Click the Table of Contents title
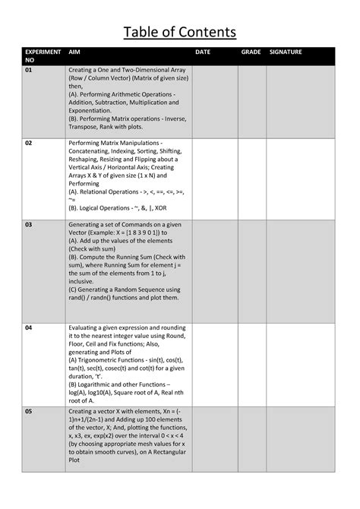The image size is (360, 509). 180,31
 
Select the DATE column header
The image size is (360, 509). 203,52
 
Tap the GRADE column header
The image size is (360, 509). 251,52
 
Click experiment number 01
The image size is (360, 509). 29,70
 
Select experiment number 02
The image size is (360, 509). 29,143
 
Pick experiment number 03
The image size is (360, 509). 29,225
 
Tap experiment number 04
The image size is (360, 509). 29,327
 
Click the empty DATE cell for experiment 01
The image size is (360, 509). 215,101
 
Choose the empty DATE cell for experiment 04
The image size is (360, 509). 215,363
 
